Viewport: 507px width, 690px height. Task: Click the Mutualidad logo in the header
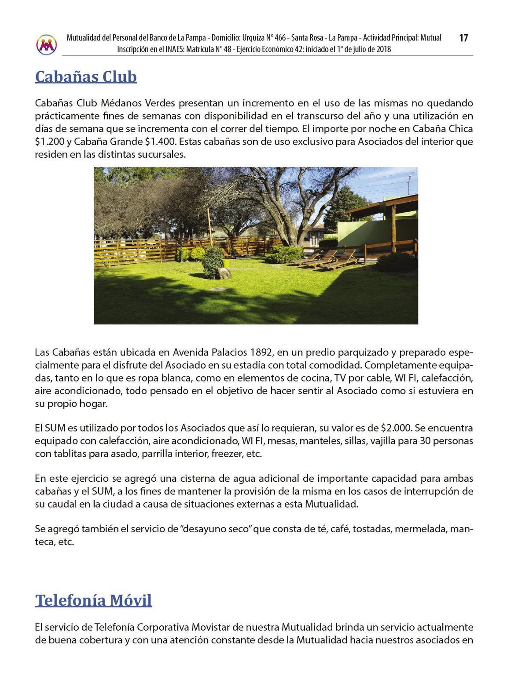point(46,44)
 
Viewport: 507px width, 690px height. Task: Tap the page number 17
point(463,38)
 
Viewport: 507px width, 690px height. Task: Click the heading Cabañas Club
point(86,77)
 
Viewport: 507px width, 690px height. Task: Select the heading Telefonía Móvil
point(93,600)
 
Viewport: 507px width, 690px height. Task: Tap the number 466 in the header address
point(280,38)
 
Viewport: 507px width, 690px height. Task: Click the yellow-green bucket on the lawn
point(227,262)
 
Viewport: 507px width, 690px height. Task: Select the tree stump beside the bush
point(224,273)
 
